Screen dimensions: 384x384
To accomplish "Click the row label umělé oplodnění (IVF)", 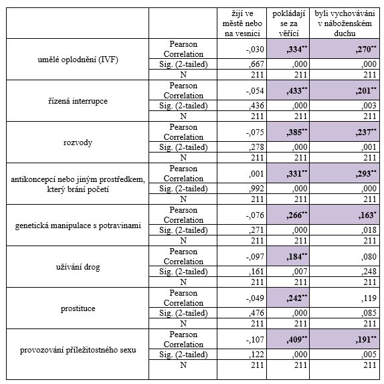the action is click(78, 60).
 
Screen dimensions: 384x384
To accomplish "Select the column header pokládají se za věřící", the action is click(288, 23).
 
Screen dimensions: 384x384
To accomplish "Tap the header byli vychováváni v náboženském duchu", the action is click(345, 23).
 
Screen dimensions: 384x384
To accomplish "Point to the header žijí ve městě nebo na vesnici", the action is click(242, 23).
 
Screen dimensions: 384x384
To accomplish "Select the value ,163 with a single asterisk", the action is click(366, 215).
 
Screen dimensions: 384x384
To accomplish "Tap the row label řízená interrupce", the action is click(78, 101).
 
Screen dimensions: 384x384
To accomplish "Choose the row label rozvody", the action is click(78, 142).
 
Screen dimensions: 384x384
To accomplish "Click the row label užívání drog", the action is click(78, 267).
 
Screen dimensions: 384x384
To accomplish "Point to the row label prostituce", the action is click(78, 308).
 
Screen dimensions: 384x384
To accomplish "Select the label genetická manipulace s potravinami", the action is click(78, 225).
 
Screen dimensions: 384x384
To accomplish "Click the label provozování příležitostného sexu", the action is click(78, 350).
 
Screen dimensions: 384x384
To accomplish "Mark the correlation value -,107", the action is click(255, 339).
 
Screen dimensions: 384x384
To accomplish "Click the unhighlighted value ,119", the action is click(369, 298).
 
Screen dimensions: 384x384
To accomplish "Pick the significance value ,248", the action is click(369, 272).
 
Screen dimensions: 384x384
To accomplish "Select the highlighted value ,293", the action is click(366, 174).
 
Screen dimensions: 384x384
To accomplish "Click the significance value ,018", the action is click(369, 229).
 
